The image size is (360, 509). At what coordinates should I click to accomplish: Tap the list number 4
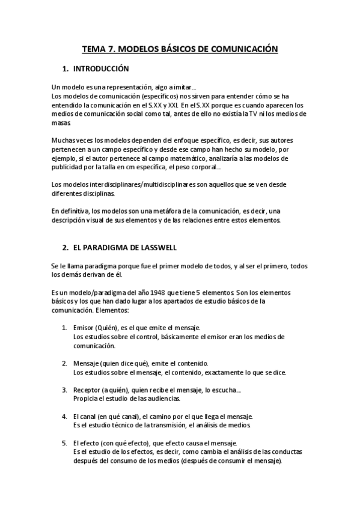(64, 417)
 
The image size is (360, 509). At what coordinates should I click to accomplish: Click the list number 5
(64, 443)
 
